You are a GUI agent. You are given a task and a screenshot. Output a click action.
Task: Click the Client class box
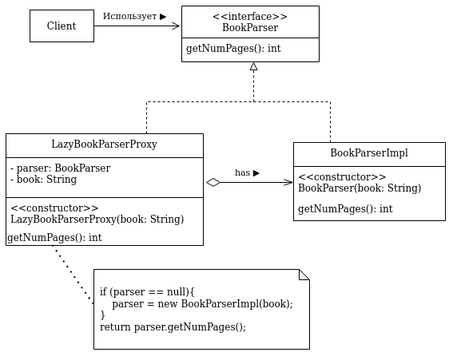pos(62,26)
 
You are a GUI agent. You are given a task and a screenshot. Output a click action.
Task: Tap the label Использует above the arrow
pos(129,16)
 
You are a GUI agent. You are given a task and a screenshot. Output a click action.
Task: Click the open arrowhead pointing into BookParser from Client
pos(176,26)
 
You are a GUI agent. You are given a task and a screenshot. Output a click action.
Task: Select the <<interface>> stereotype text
pos(250,17)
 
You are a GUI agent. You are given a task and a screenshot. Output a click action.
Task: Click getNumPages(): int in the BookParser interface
pos(233,49)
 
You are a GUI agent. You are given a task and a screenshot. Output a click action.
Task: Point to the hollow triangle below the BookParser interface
pos(253,66)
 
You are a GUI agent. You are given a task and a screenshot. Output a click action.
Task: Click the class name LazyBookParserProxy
pos(105,144)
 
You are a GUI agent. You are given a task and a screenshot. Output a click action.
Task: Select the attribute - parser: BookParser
pos(61,168)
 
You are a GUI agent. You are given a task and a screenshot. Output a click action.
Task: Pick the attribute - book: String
pos(44,180)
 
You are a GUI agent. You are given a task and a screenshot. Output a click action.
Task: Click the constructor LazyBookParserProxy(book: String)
pos(97,219)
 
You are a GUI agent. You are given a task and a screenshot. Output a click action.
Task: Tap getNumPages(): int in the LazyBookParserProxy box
pos(54,238)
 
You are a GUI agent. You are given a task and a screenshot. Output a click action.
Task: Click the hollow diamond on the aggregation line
pos(213,183)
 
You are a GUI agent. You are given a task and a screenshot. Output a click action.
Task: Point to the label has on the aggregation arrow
pos(243,172)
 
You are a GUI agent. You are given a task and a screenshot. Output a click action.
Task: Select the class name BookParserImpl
pos(369,153)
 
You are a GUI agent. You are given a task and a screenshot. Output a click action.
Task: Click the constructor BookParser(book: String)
pos(360,188)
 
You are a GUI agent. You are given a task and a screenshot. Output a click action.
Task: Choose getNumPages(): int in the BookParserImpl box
pos(345,209)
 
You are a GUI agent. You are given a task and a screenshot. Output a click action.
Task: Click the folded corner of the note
pos(304,275)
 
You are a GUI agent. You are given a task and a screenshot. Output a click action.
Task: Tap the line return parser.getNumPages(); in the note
pos(173,327)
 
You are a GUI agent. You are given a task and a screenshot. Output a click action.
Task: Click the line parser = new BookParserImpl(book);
pos(203,304)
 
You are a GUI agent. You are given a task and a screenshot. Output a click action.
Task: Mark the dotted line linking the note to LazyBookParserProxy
pos(73,275)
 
